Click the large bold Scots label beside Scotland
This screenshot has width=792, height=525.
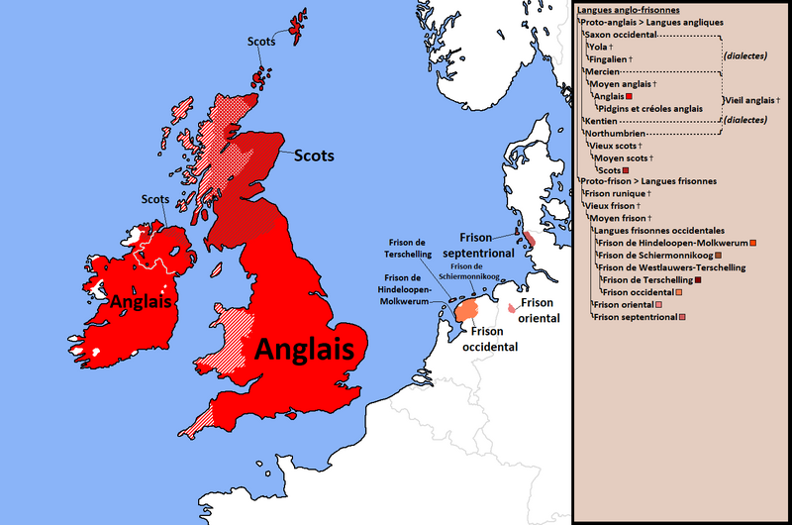point(313,157)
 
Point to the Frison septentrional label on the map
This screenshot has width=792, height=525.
point(486,244)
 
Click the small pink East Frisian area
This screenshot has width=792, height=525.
point(511,308)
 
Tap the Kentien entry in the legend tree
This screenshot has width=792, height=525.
point(601,120)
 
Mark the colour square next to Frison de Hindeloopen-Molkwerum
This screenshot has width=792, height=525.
point(754,243)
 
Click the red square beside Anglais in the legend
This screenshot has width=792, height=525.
point(629,96)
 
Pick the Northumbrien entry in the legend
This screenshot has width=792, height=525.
point(616,133)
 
